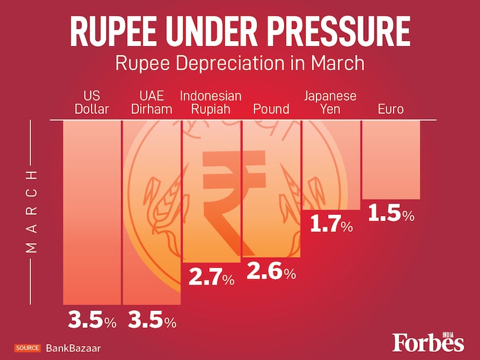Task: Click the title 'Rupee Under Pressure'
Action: [239, 32]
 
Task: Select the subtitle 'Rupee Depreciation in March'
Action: [239, 64]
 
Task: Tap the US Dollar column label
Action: [92, 102]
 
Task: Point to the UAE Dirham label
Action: [151, 102]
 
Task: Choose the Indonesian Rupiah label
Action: [210, 102]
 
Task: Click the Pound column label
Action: [271, 109]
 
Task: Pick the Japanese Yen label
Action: [330, 102]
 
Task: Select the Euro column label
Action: [390, 109]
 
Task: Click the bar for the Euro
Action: [390, 159]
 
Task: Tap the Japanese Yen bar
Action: [331, 164]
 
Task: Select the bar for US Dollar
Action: [92, 212]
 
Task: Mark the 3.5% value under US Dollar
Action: [92, 321]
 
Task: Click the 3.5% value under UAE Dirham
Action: [152, 321]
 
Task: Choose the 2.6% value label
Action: [271, 272]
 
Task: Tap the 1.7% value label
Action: [330, 224]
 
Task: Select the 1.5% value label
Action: [390, 214]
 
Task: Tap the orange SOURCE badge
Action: [28, 348]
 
